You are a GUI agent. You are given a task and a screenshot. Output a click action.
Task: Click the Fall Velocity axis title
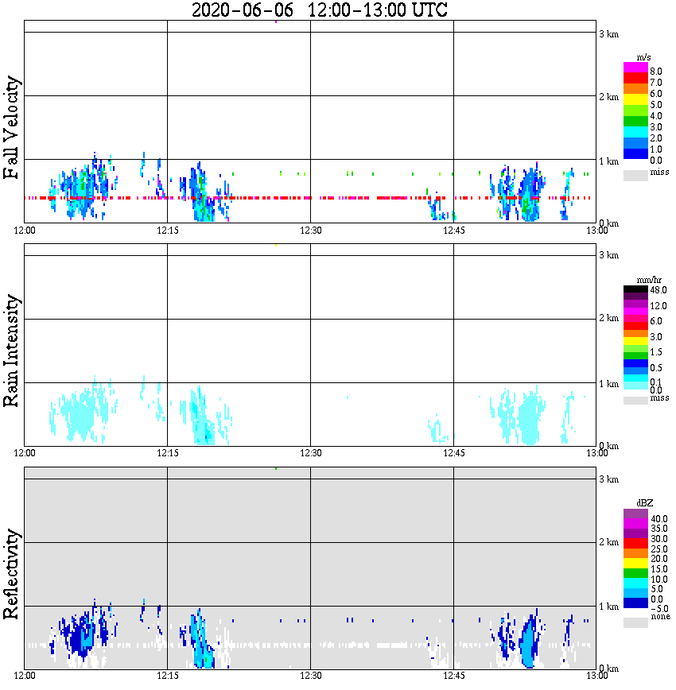point(13,128)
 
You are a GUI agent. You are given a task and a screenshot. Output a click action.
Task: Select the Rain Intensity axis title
point(13,351)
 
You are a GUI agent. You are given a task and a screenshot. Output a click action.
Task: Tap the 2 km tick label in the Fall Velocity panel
point(608,97)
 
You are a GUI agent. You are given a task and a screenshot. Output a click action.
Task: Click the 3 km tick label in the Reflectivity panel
point(608,479)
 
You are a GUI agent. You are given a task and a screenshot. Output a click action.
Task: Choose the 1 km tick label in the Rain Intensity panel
point(608,384)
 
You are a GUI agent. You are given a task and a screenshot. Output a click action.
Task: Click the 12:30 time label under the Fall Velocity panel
point(310,231)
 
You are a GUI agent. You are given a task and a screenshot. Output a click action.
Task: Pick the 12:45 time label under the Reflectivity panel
point(453,676)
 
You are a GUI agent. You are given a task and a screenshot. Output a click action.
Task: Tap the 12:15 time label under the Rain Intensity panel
point(167,453)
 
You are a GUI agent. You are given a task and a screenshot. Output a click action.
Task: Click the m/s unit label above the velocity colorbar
point(645,57)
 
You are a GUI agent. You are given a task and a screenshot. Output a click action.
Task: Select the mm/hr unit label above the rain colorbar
point(645,281)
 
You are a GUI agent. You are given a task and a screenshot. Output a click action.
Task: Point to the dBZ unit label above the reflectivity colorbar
point(645,503)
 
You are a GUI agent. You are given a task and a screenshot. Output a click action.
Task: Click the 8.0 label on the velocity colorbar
point(656,71)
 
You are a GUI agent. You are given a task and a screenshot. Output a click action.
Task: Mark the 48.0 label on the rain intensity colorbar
point(658,290)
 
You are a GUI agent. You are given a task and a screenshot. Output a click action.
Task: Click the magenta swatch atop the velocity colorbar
point(635,67)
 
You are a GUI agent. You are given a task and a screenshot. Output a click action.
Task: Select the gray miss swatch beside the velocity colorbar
point(635,174)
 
